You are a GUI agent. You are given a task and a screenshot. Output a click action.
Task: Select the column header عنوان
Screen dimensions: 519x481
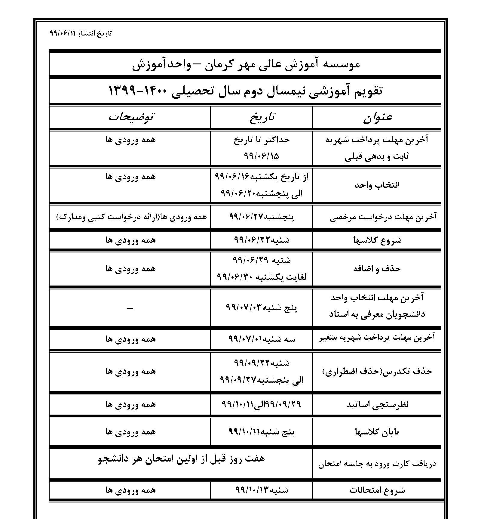(377, 117)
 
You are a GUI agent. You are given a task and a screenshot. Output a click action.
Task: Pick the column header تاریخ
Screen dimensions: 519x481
(262, 117)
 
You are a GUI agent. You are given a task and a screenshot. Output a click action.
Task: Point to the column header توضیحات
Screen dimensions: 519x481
(131, 117)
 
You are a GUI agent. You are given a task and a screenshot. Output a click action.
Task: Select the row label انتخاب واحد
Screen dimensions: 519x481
(377, 185)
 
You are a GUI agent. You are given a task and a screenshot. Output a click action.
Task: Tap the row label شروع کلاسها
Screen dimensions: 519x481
(377, 240)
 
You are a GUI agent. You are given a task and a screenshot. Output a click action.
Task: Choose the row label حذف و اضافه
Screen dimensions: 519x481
(377, 268)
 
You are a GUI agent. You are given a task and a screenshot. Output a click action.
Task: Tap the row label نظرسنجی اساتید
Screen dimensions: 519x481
(377, 405)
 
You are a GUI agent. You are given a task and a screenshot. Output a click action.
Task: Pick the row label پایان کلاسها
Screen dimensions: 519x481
(377, 432)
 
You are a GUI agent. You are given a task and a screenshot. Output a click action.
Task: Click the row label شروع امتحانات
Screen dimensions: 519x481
(377, 490)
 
